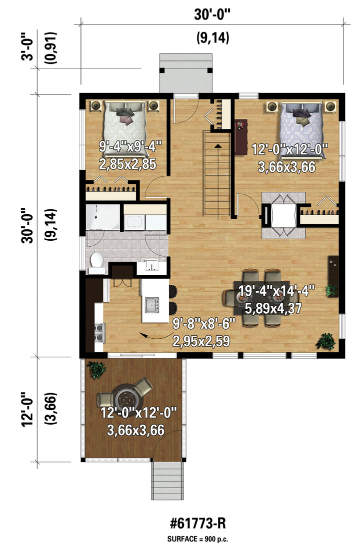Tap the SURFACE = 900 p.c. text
198,539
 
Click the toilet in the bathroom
96,260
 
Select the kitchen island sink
152,305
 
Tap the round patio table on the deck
127,397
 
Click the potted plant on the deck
96,369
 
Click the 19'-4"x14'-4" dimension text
276,290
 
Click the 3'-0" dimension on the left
28,46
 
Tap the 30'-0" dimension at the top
212,14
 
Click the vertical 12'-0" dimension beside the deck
28,409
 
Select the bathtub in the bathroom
103,217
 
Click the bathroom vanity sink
151,266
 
